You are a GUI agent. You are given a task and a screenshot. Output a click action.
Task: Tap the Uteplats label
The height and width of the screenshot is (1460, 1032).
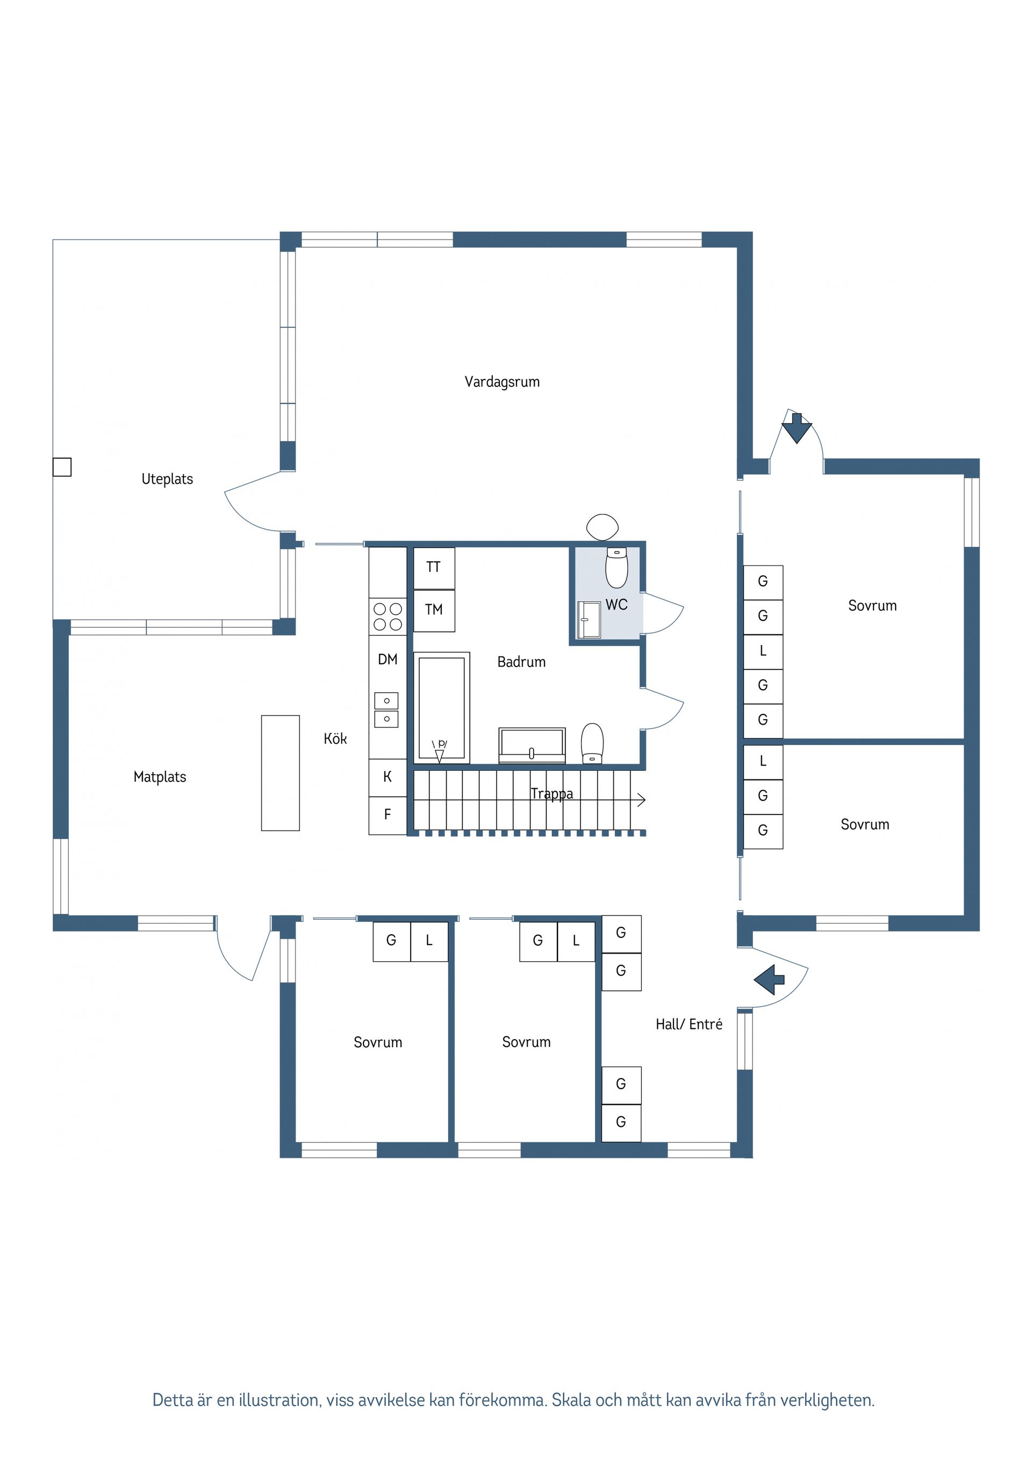(x=167, y=479)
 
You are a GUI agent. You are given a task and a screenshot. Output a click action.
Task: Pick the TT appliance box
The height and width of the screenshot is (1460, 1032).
(x=434, y=568)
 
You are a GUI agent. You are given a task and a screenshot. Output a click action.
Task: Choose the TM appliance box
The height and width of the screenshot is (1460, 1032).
(x=434, y=611)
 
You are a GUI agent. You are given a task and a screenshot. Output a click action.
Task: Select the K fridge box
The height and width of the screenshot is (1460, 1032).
(x=387, y=777)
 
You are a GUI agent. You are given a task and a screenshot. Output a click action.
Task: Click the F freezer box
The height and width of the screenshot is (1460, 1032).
(x=387, y=815)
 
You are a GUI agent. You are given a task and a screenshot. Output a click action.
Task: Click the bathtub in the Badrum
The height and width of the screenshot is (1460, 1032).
(x=441, y=708)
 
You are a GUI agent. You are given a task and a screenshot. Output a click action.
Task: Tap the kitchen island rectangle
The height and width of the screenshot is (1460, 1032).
(x=281, y=772)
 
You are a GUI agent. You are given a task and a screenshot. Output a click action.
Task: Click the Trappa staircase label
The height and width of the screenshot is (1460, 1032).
(x=551, y=793)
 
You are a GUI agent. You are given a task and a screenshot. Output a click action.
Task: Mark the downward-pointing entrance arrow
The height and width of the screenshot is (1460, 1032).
(x=797, y=428)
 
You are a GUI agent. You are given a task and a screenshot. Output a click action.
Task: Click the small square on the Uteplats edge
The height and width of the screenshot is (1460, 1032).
(x=62, y=467)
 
